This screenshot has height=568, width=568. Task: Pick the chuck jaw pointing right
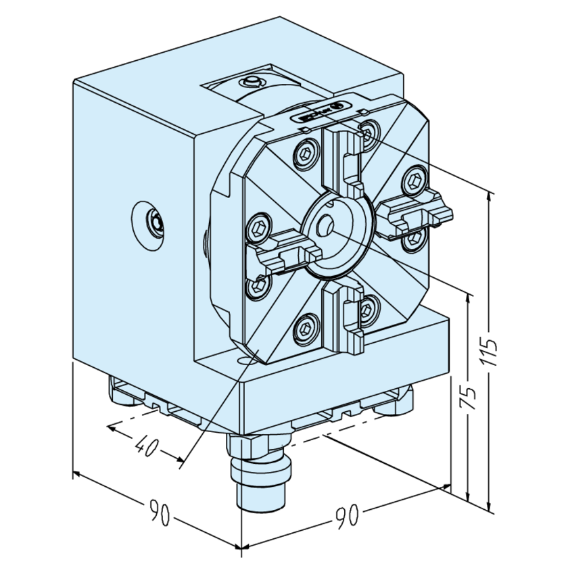[413, 210]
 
